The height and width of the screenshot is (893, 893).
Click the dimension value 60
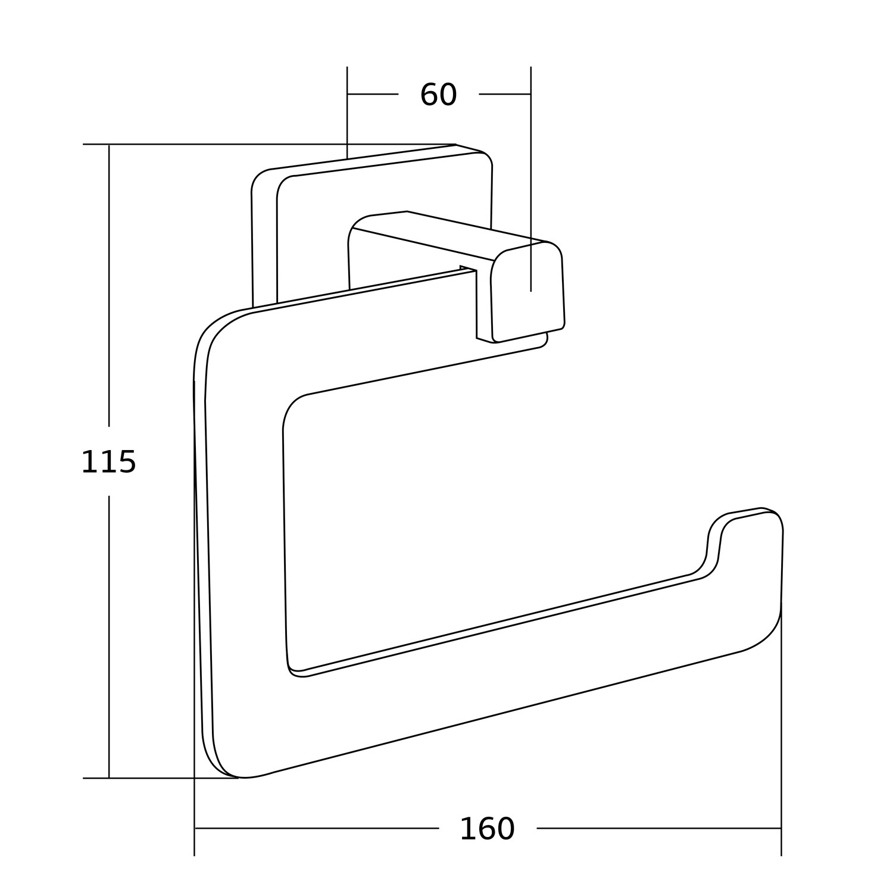click(x=438, y=95)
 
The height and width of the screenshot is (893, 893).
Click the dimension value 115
click(x=108, y=462)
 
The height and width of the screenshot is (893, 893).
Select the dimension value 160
click(x=487, y=829)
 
